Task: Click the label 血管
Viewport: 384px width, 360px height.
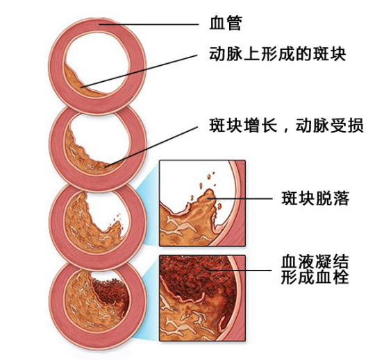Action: tap(226, 24)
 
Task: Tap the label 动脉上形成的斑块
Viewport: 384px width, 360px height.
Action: tap(277, 53)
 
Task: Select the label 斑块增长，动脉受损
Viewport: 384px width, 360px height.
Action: tap(286, 126)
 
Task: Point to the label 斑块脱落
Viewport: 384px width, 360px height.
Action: tap(315, 198)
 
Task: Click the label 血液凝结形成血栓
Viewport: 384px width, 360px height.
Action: tap(315, 270)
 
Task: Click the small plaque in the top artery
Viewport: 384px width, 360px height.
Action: tap(83, 83)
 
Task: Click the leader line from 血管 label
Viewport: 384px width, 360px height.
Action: tap(149, 24)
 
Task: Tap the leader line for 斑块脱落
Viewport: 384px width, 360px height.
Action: tap(240, 198)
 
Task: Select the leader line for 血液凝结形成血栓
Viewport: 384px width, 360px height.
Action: tap(240, 271)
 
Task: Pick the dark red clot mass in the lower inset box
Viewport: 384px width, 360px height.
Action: tap(196, 276)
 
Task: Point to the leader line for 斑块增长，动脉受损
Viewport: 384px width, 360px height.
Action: tap(151, 147)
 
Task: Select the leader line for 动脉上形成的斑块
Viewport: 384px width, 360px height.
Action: tap(139, 71)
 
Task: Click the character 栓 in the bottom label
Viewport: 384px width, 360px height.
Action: tap(341, 277)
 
